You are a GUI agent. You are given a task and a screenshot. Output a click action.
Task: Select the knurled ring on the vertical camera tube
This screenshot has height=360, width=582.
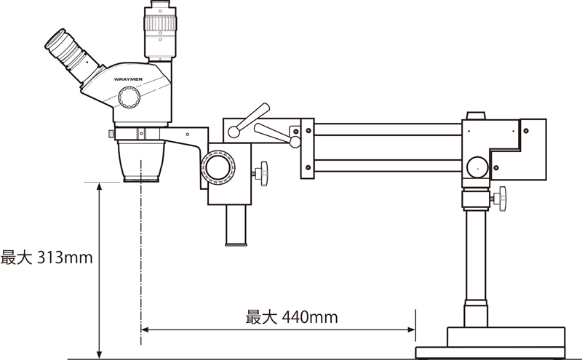point(159,24)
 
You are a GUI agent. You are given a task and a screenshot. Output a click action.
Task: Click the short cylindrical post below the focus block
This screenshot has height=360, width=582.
point(237,225)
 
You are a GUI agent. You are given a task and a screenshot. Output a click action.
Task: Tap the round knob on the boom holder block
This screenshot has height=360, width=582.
point(477,167)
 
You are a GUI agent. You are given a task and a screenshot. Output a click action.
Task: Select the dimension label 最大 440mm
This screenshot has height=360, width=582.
point(291,317)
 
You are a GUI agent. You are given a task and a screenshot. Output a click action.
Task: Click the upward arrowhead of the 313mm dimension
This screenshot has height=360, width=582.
point(99,187)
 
